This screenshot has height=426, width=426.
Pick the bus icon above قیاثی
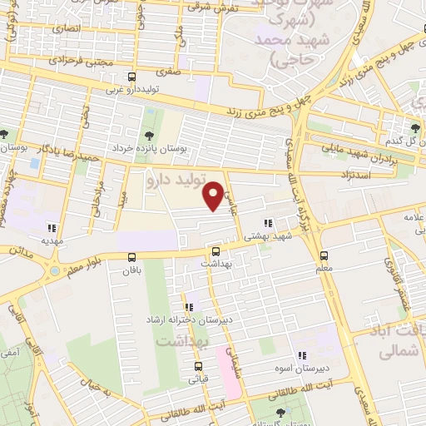(x=198, y=366)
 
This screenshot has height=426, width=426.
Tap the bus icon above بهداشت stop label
(x=216, y=250)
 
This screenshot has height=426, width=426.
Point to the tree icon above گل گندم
(x=414, y=127)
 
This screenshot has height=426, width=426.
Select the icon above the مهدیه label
(x=52, y=226)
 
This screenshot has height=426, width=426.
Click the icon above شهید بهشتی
(x=267, y=223)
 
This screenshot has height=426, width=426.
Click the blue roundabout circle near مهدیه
(x=55, y=269)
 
